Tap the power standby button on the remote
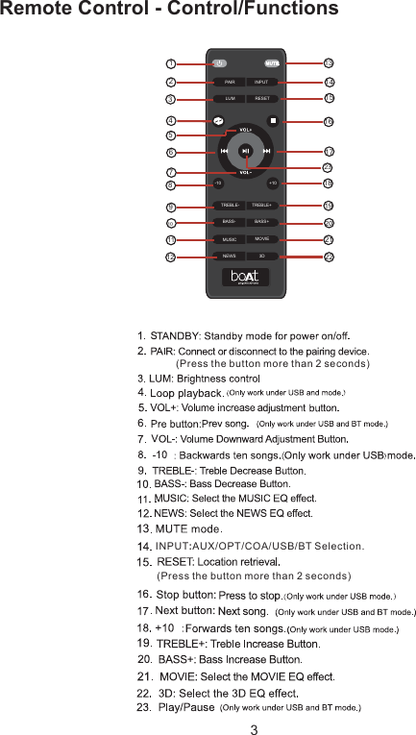[219, 63]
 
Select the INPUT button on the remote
[261, 83]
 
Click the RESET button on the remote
[261, 99]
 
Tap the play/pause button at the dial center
[246, 151]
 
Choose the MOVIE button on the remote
[261, 238]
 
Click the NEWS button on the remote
[230, 257]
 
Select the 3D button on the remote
[261, 257]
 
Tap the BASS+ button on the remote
[261, 222]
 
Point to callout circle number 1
[170, 63]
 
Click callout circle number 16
[329, 122]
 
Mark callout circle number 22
[329, 257]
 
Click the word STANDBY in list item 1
[174, 335]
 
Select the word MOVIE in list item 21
[178, 676]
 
